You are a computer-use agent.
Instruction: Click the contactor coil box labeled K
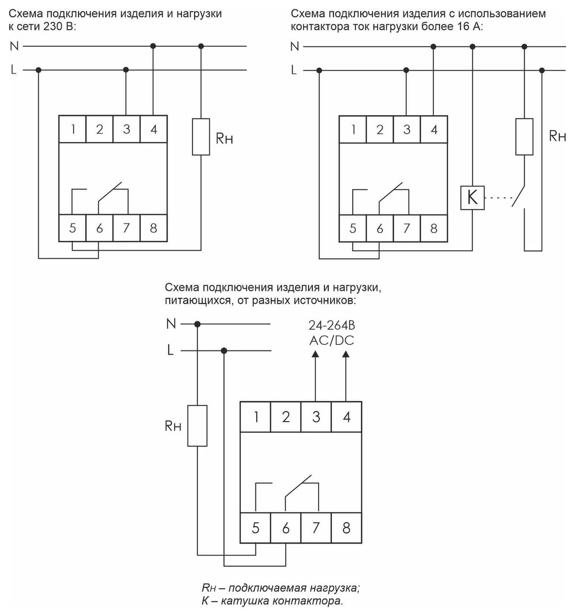coord(472,198)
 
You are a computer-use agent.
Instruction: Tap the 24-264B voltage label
coord(332,325)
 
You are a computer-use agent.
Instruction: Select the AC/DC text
coord(332,340)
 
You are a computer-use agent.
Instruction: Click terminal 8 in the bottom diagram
coord(346,528)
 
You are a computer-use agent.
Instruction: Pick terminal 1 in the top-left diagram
coord(72,129)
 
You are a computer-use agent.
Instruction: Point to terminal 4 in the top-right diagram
coord(434,129)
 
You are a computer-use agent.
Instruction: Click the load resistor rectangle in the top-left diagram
coord(201,137)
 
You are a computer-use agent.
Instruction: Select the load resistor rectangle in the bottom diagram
coord(197,426)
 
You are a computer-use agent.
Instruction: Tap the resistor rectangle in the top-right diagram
coord(524,137)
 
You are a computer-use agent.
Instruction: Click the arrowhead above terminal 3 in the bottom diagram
coord(315,354)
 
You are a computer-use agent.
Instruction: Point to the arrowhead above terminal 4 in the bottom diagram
coord(345,354)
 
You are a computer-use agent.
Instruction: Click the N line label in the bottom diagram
coord(171,324)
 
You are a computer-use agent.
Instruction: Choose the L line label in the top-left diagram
coord(13,70)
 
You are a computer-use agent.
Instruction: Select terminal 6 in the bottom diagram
coord(286,528)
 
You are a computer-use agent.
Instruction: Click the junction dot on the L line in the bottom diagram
coord(224,351)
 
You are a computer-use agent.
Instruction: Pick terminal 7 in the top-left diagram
coord(126,228)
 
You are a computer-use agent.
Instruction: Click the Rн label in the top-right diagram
coord(557,136)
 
